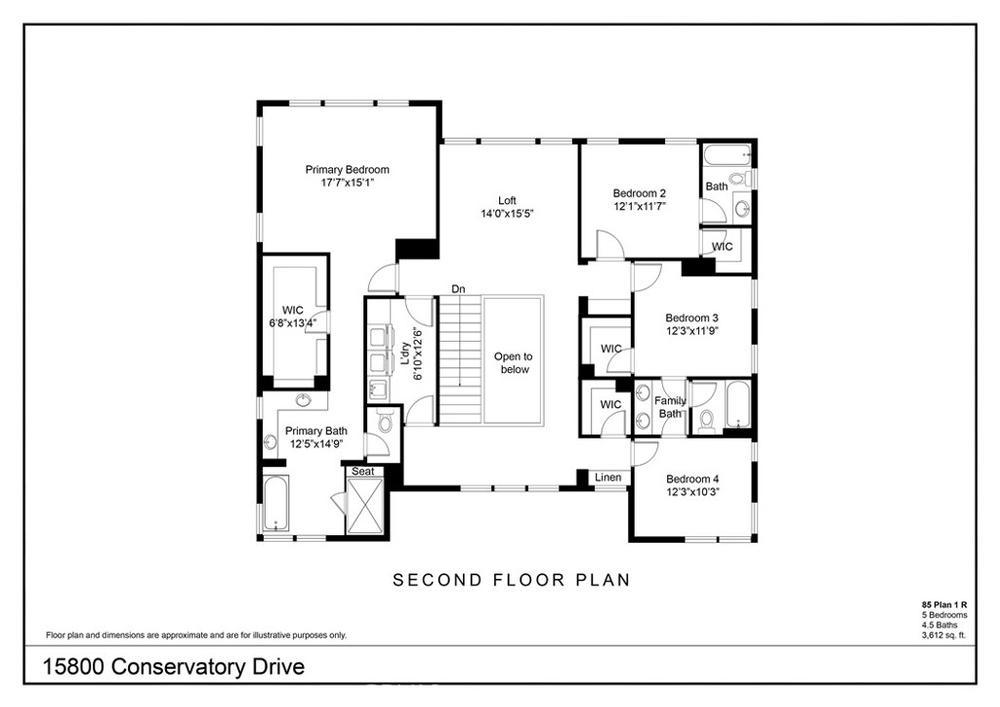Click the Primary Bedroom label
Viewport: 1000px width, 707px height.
[x=347, y=169]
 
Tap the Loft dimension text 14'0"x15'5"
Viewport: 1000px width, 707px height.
[x=507, y=214]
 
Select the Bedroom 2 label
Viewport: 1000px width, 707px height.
[x=640, y=193]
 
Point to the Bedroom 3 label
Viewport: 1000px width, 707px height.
[x=692, y=317]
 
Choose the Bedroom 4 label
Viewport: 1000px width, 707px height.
[x=692, y=478]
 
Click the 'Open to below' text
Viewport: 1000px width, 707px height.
[x=514, y=363]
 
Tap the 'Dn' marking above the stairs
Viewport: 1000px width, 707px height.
[x=458, y=288]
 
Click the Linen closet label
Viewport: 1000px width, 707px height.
[x=608, y=478]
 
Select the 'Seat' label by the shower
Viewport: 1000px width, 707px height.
[x=363, y=472]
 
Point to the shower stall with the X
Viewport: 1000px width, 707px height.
[x=367, y=508]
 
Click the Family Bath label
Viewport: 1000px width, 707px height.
[x=670, y=406]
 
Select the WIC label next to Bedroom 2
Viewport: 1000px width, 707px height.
[x=723, y=247]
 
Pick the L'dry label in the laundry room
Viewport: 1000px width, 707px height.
[x=403, y=354]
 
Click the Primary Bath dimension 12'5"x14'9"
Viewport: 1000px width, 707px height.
[x=315, y=444]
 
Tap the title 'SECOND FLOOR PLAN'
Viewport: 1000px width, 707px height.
[x=511, y=580]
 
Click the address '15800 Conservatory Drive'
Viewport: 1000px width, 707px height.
[x=174, y=668]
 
